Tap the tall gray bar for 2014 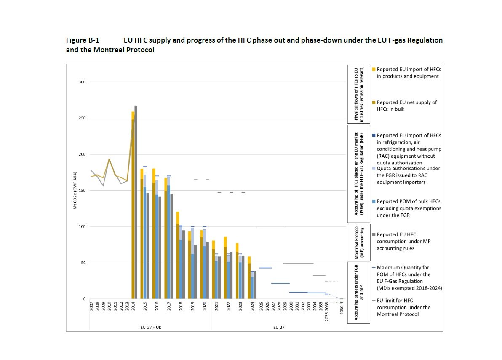point(136,202)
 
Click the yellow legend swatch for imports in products point(373,69)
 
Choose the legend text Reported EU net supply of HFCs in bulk point(406,105)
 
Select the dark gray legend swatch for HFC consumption point(373,234)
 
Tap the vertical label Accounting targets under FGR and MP point(357,292)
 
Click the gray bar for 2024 point(255,285)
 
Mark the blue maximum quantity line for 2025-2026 point(265,268)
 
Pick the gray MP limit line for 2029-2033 point(298,263)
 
